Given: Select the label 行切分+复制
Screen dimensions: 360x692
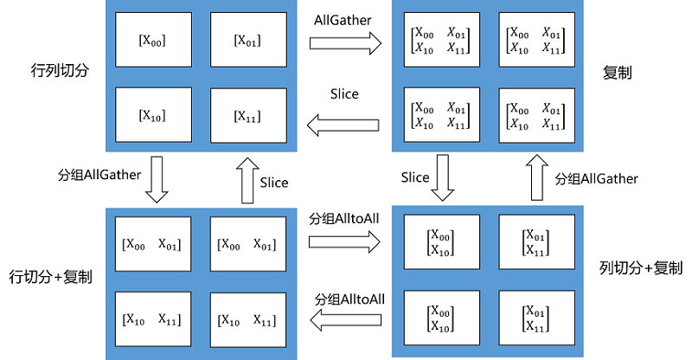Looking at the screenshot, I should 51,277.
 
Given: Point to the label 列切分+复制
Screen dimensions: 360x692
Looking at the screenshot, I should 641,268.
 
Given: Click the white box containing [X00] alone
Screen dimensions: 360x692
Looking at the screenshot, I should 151,40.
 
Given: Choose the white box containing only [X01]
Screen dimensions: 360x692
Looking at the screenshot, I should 247,40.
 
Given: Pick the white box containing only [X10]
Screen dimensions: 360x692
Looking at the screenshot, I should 151,115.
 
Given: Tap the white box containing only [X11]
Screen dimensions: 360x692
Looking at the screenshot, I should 247,115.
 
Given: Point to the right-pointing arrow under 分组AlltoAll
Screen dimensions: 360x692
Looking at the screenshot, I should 345,242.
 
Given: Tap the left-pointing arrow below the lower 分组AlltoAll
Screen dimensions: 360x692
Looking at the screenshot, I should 345,322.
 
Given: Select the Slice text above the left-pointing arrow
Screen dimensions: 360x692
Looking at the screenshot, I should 344,94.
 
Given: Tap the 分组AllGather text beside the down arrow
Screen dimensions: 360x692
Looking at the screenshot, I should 95,174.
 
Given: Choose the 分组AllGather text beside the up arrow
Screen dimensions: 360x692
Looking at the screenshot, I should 596,178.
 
